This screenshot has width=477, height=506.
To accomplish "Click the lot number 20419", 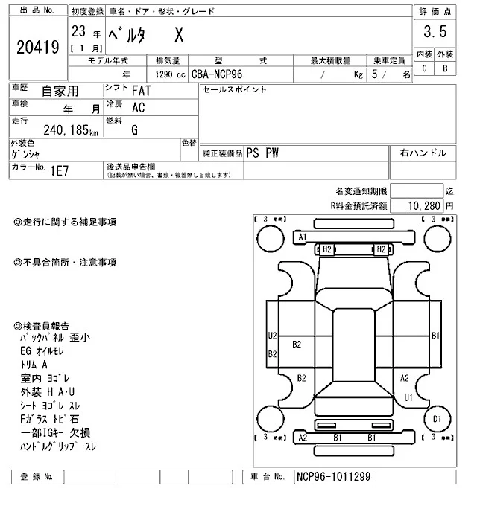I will click(37, 48).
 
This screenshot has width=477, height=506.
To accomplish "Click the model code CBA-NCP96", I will click(216, 74).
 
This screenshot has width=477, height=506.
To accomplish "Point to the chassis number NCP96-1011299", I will click(332, 477).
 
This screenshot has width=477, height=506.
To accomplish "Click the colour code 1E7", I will click(60, 170).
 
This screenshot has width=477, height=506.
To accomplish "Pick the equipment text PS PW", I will click(262, 153).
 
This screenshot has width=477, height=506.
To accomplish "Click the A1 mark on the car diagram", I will click(303, 237).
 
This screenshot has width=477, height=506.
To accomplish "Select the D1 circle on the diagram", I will click(437, 420).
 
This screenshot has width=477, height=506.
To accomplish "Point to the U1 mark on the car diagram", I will click(408, 397).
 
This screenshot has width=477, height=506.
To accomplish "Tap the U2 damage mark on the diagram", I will click(273, 336).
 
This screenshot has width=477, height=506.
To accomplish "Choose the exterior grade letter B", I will click(445, 69).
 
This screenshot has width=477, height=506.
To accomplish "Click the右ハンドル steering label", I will click(423, 153).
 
